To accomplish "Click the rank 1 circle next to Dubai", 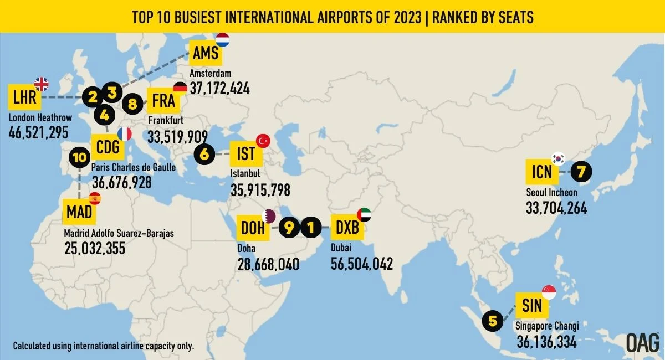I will [x=311, y=227].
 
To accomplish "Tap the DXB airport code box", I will [x=347, y=227].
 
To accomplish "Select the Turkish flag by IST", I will [x=262, y=142].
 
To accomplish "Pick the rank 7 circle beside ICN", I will [x=580, y=172].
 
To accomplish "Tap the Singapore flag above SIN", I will [x=549, y=292].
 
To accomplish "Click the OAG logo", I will [x=642, y=342].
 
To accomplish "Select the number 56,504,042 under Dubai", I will [x=362, y=264].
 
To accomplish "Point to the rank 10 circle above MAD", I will [x=79, y=157].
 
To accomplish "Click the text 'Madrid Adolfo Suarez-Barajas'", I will [x=119, y=234].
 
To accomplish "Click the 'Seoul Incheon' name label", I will [x=551, y=193].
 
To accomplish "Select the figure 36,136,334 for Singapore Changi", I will [x=546, y=342].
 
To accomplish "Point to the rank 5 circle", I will [x=493, y=320].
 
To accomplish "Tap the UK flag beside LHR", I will [x=42, y=84].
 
